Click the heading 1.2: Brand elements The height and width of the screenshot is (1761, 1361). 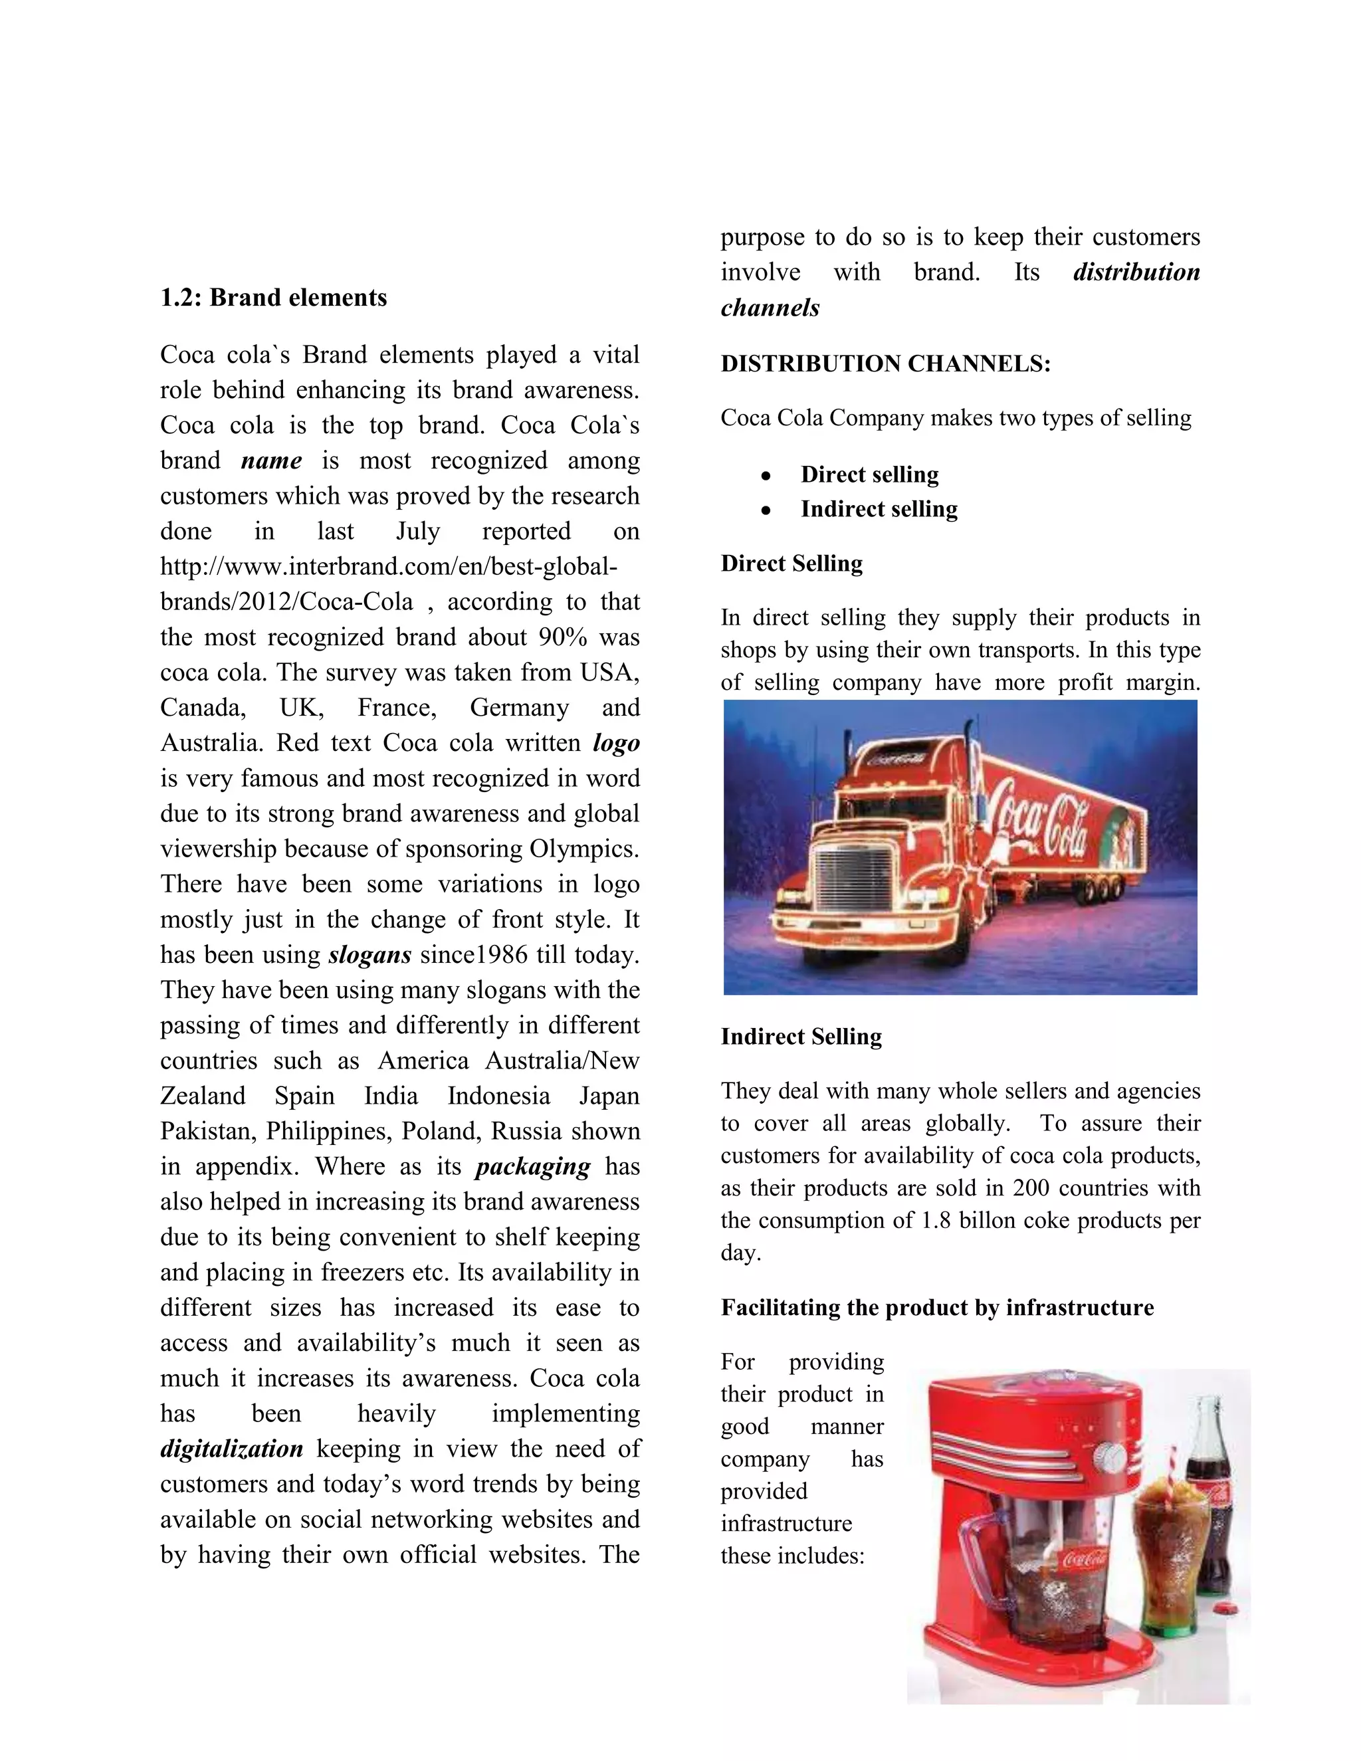273,298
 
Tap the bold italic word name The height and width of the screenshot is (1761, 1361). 271,461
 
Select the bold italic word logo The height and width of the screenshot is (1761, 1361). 616,744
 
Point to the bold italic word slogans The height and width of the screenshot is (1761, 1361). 370,956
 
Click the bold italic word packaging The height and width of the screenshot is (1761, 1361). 533,1167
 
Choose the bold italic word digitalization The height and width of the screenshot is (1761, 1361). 231,1449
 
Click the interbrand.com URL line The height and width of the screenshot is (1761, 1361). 389,567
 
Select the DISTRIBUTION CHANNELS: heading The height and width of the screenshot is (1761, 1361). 885,364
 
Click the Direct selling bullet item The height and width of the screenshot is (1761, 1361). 869,475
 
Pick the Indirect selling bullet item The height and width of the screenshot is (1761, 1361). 879,510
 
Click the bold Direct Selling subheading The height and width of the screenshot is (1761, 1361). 791,564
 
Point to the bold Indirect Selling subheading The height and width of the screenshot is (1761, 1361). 801,1037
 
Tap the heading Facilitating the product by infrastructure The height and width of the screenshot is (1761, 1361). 937,1308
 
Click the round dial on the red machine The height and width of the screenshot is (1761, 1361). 1110,1456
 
